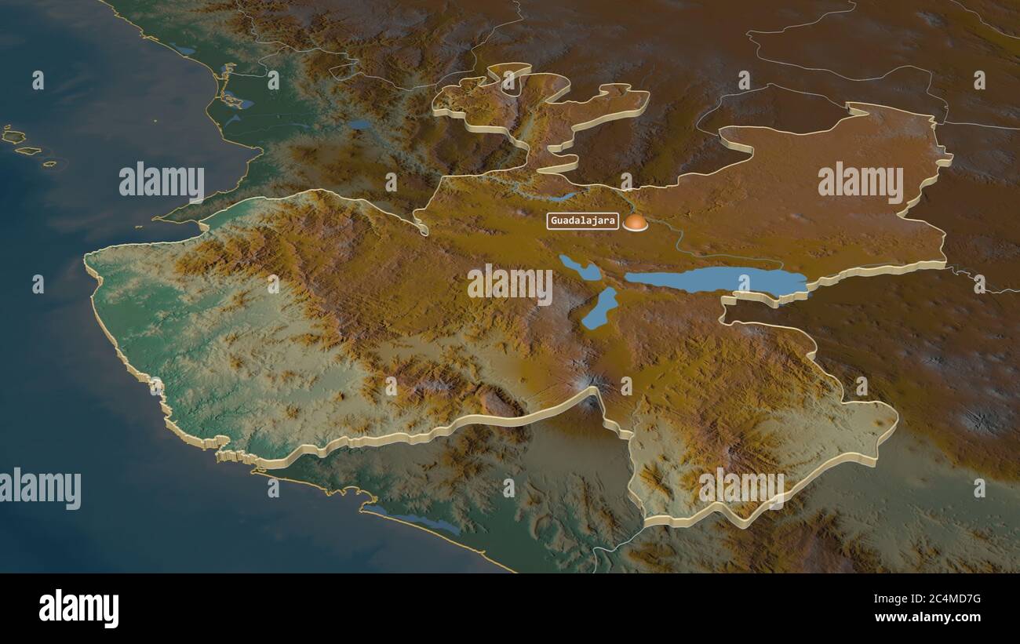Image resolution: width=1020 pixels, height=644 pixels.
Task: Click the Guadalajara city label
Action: coord(582,220)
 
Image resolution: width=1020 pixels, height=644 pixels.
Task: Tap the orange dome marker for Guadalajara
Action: coord(636,223)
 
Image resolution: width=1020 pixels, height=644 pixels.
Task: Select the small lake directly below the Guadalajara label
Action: coord(580,267)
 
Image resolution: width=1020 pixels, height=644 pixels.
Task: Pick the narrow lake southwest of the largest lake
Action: coord(600,308)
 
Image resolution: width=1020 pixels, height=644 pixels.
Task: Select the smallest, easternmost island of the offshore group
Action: coord(49,164)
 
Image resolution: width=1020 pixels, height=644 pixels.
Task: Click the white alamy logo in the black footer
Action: coord(78,609)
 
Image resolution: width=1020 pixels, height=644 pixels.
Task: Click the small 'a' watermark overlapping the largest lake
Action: coord(744,283)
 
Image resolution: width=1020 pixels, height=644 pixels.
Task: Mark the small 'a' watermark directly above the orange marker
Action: coord(625,181)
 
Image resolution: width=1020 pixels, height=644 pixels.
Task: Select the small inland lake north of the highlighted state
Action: coord(360,124)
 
